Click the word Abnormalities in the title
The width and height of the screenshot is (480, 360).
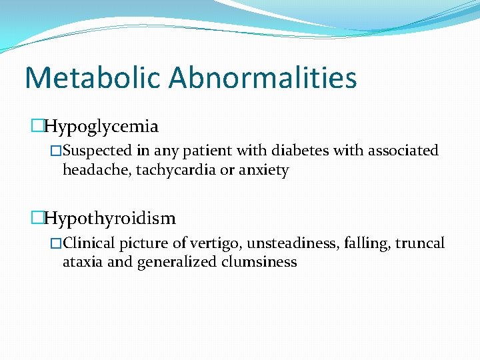pos(263,78)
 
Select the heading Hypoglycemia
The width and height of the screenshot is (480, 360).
pos(101,127)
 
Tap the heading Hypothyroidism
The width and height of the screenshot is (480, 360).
pos(110,218)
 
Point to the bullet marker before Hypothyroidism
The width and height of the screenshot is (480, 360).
pos(38,218)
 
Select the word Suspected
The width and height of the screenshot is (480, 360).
pos(96,151)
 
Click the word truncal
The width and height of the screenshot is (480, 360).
pos(419,243)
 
